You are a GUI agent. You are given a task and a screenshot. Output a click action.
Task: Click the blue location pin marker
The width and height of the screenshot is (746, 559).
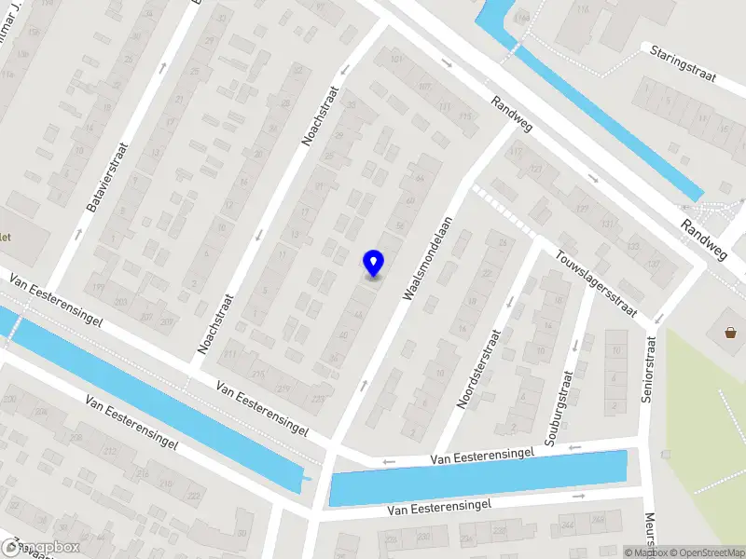click(x=374, y=262)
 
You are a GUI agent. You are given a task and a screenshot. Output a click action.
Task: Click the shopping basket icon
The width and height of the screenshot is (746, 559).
click(x=730, y=331)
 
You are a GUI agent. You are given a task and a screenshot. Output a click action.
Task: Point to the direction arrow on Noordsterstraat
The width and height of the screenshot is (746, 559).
click(x=509, y=301)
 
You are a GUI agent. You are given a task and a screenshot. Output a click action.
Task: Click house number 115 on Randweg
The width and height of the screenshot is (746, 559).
click(x=465, y=116)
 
